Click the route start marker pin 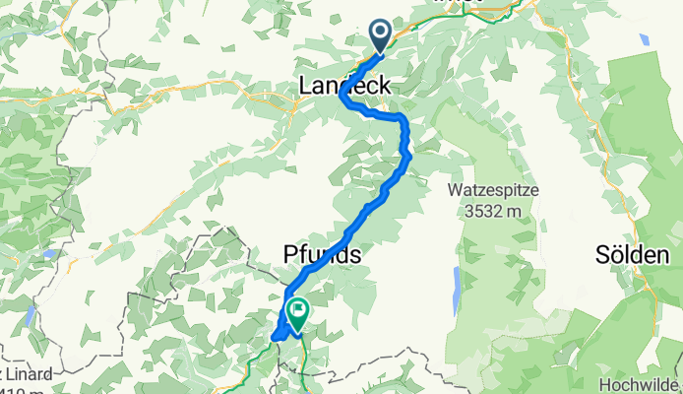380,35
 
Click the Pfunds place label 315,255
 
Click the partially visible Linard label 22,375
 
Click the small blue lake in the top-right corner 644,40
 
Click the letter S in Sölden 602,255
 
